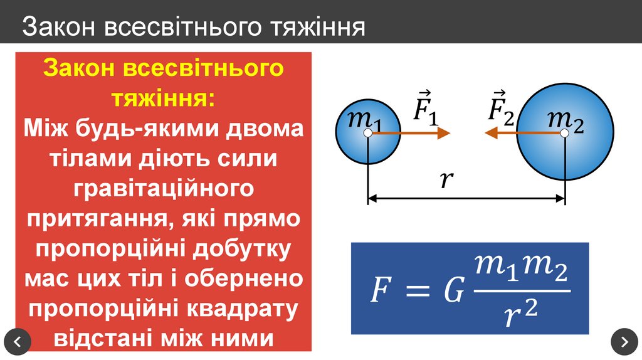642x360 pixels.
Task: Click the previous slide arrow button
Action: pos(18,341)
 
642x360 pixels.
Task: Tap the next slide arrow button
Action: pos(624,341)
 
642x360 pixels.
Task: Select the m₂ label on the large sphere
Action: pos(565,119)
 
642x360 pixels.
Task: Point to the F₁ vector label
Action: pos(425,107)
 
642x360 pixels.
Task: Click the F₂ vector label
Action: pos(501,107)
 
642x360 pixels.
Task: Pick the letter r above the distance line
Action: pos(446,180)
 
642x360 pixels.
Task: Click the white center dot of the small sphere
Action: pos(368,133)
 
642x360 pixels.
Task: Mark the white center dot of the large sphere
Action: pos(565,133)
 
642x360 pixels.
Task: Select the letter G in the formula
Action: pos(453,291)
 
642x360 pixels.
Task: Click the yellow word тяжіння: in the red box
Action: pos(163,98)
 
